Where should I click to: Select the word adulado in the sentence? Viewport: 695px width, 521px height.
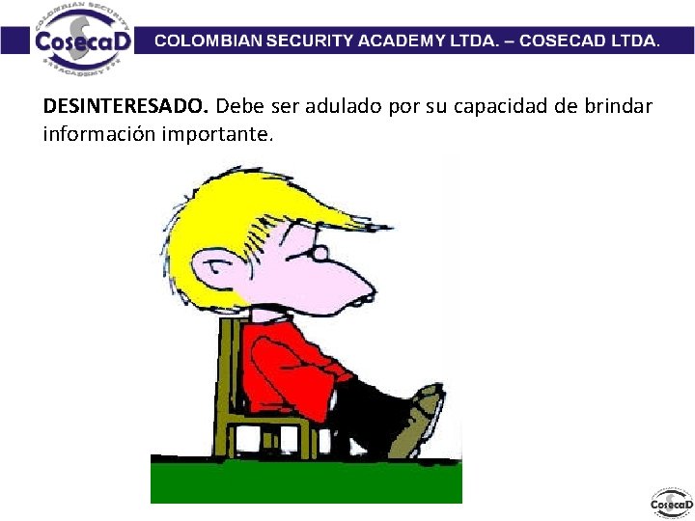click(x=346, y=105)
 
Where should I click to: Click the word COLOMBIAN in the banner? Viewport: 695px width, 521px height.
click(x=205, y=41)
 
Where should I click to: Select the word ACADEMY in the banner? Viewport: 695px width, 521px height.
click(x=400, y=41)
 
